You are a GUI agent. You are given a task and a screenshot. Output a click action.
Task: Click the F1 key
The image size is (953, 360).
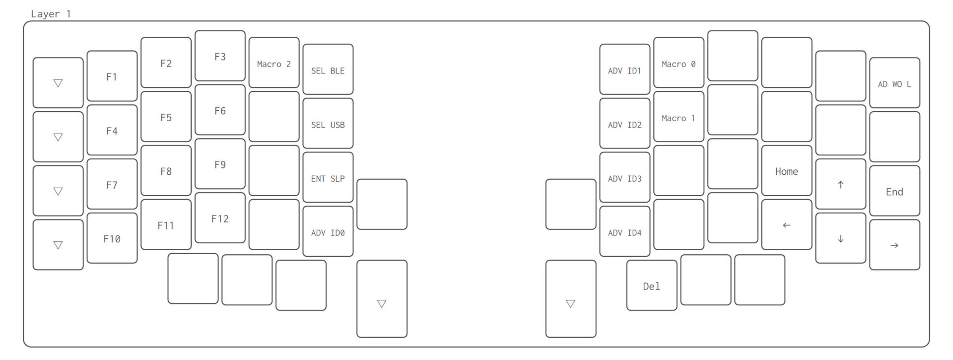tap(112, 76)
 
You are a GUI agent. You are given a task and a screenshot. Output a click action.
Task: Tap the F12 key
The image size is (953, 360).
tap(220, 218)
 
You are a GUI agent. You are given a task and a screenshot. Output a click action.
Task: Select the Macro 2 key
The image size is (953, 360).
tap(273, 63)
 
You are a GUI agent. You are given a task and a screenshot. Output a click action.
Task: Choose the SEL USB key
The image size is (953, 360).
tap(328, 124)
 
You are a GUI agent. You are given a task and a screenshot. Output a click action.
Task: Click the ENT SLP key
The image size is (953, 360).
tap(328, 178)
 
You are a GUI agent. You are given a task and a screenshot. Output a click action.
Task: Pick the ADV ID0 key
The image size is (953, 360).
tap(328, 232)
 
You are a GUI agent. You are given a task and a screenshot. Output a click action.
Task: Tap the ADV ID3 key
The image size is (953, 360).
tap(624, 178)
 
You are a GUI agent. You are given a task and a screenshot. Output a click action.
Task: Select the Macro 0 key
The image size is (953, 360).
tap(679, 63)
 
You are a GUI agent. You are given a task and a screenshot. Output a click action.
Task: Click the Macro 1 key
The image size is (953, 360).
tap(679, 117)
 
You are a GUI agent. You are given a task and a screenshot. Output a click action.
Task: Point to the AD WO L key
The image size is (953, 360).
tap(894, 83)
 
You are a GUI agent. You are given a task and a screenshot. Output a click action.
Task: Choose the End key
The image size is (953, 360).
tap(894, 191)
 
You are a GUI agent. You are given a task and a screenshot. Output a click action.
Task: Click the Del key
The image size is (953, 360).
tap(651, 286)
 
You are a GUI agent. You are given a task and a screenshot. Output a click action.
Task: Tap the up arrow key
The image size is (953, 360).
tap(840, 185)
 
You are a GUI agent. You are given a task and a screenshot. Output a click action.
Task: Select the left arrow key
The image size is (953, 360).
tap(786, 225)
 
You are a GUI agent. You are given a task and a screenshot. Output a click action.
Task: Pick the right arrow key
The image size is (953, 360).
tap(894, 245)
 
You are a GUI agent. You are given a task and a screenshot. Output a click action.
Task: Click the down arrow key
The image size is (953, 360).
tap(840, 239)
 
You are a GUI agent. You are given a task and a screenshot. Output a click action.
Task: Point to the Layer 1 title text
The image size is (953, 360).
tap(51, 14)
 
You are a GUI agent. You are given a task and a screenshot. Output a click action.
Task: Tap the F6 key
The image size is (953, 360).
tap(220, 110)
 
